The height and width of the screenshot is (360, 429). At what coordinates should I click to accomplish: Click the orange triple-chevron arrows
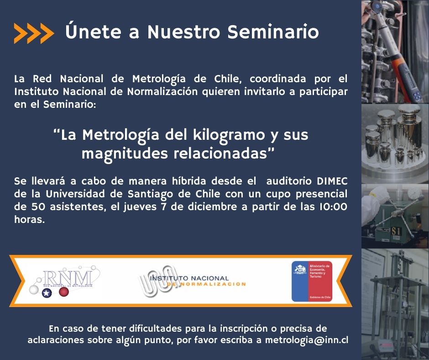(x=34, y=33)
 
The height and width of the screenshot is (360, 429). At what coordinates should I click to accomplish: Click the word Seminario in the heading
(x=273, y=32)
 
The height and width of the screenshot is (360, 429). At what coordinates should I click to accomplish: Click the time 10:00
(x=333, y=206)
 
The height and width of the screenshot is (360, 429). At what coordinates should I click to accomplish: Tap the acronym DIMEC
(x=332, y=181)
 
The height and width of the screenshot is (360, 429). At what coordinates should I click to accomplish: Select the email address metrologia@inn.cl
(x=306, y=340)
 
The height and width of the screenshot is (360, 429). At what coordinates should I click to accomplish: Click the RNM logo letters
(x=67, y=278)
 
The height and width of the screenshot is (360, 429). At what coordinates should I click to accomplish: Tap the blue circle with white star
(x=47, y=293)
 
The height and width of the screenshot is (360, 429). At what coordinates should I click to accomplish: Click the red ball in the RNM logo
(x=64, y=292)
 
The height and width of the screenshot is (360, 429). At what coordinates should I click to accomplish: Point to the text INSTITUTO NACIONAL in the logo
(x=189, y=278)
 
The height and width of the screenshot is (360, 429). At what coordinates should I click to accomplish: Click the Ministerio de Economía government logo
(x=312, y=281)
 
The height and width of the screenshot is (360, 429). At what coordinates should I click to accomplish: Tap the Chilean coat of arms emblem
(x=300, y=270)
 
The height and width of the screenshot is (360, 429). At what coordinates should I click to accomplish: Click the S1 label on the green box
(x=396, y=232)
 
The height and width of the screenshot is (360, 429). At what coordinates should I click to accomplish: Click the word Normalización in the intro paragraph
(x=162, y=91)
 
